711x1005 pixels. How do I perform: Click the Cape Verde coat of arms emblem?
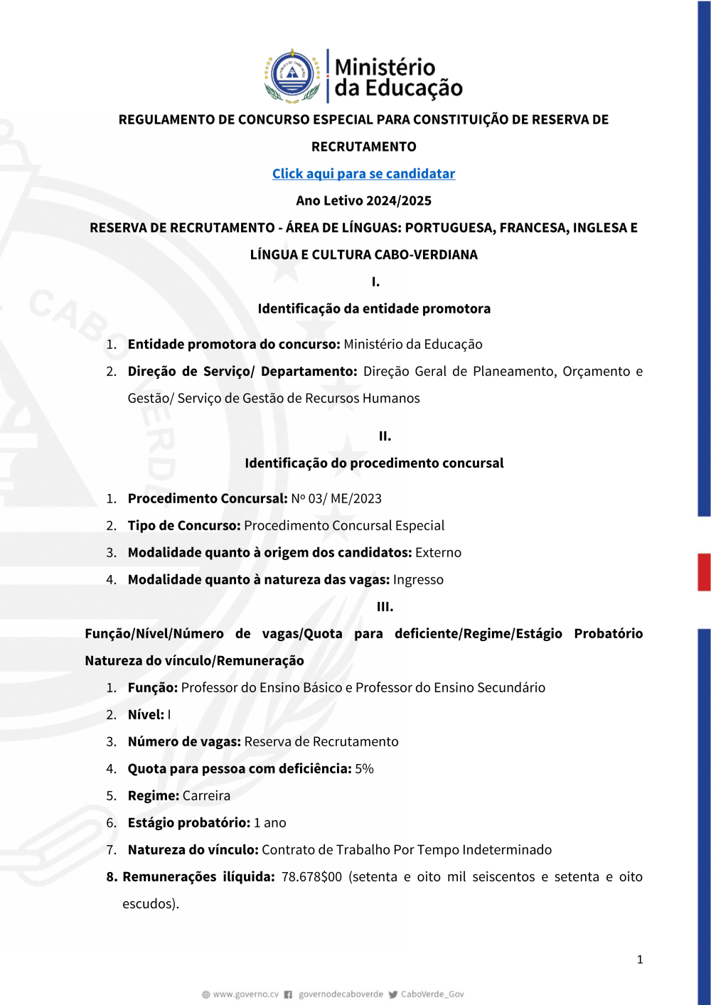point(292,75)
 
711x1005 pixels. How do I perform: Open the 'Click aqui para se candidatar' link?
point(363,173)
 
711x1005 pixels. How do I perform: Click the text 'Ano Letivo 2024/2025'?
point(363,200)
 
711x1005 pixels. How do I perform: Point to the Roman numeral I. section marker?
point(375,281)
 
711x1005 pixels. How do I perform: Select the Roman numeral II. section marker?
point(385,436)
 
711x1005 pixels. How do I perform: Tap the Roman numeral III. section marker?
point(385,606)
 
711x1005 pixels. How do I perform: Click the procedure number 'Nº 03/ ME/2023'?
point(336,498)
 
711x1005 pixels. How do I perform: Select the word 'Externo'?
point(438,552)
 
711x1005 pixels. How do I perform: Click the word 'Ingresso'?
point(418,579)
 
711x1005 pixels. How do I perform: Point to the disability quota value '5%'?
point(364,768)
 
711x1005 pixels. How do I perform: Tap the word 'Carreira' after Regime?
point(206,795)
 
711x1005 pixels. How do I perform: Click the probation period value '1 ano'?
point(270,822)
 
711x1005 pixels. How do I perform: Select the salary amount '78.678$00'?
point(311,876)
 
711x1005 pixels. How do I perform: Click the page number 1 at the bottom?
point(640,960)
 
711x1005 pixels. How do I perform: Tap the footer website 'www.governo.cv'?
point(245,994)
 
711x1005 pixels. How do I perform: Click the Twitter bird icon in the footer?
point(393,994)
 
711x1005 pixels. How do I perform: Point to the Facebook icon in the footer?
point(288,994)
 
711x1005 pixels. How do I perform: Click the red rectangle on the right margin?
point(704,571)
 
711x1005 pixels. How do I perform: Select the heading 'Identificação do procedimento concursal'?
point(374,463)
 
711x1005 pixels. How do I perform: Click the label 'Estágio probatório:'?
point(189,822)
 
